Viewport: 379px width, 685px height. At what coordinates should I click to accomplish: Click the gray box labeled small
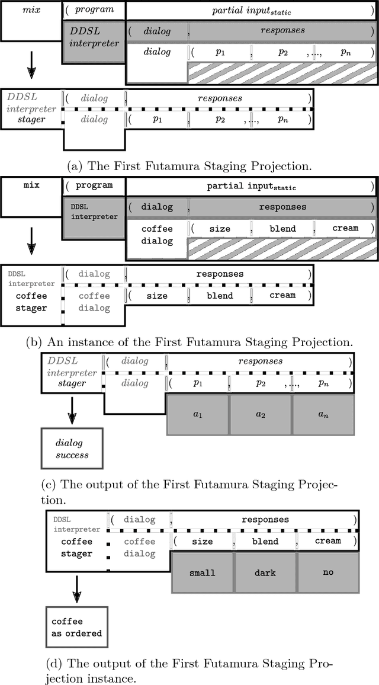tap(203, 573)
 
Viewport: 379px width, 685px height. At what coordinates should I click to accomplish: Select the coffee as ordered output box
tap(76, 628)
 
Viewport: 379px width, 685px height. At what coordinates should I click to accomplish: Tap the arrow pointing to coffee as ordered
tap(76, 588)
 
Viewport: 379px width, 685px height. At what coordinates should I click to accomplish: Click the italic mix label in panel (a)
tap(31, 10)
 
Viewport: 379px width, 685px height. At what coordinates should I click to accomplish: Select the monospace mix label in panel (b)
tap(31, 185)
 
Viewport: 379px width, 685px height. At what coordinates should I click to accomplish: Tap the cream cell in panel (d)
tap(327, 541)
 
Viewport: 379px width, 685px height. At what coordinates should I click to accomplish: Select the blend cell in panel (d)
tap(265, 541)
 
